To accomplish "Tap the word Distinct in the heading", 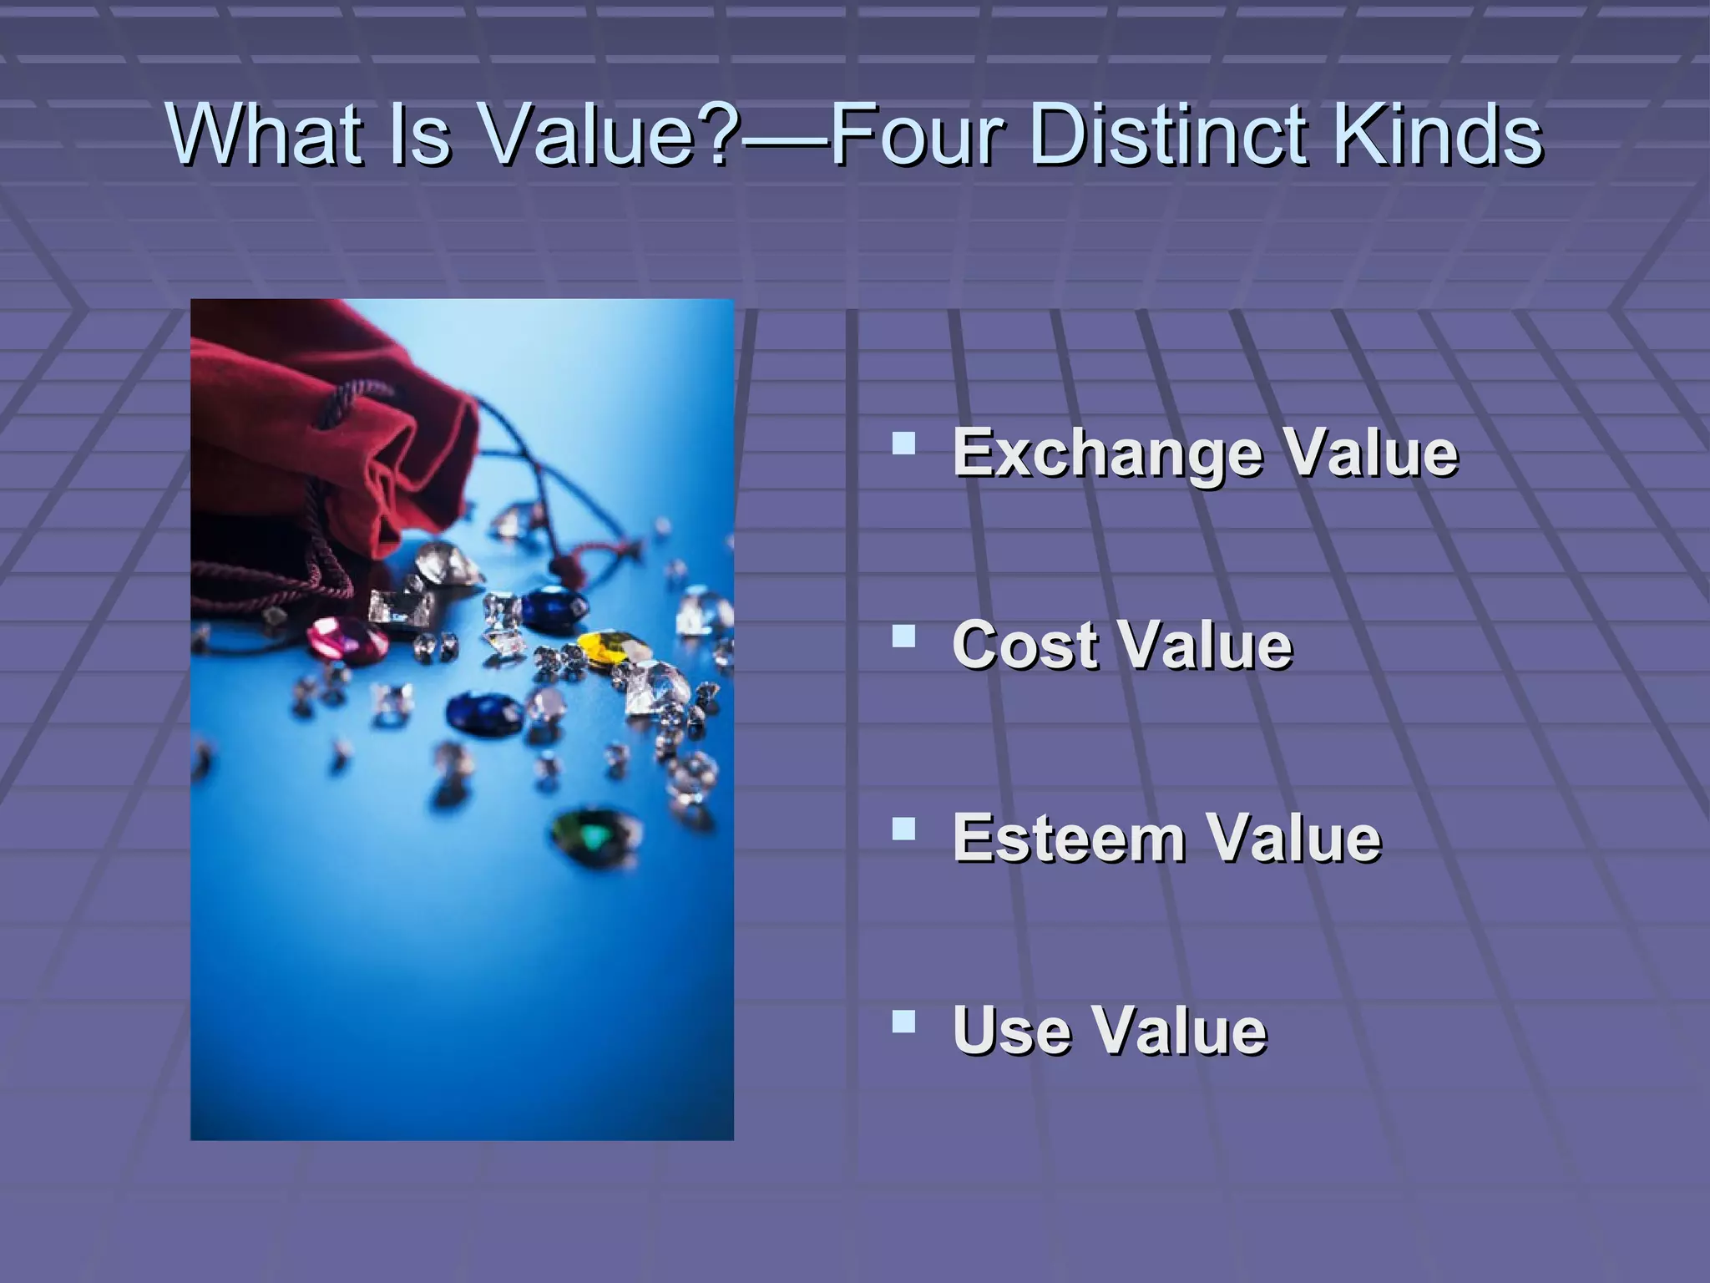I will pyautogui.click(x=1169, y=134).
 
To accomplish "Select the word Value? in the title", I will pyautogui.click(x=610, y=134).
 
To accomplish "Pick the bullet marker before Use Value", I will pyautogui.click(x=903, y=1021).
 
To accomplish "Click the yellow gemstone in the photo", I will pyautogui.click(x=607, y=648).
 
